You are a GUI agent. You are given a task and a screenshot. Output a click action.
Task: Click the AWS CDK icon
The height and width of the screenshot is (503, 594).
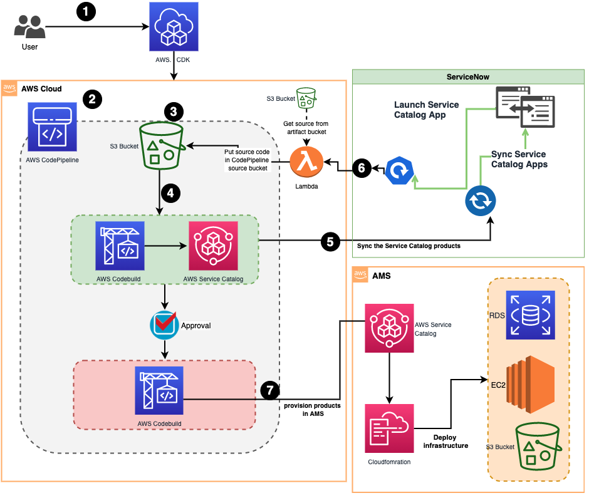point(174,26)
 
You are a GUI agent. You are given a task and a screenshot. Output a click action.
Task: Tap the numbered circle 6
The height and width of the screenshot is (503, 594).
point(361,168)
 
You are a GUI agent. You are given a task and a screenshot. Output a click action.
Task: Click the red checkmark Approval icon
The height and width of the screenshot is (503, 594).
point(164,324)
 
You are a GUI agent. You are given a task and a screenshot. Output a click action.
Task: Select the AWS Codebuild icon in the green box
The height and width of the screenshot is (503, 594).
point(120,246)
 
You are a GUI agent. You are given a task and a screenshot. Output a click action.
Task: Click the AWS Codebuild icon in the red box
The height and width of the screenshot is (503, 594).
point(159,390)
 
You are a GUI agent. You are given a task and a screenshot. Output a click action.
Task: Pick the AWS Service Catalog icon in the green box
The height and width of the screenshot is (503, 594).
point(213,246)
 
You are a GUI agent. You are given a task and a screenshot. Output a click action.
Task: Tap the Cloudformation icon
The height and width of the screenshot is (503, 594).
point(389,428)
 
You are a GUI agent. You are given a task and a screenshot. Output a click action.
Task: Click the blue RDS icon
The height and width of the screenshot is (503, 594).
point(530,315)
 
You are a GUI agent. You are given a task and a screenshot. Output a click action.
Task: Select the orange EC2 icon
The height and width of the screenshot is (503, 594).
point(531,384)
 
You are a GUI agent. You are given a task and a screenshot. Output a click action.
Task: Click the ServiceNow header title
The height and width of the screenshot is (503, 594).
point(467,76)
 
